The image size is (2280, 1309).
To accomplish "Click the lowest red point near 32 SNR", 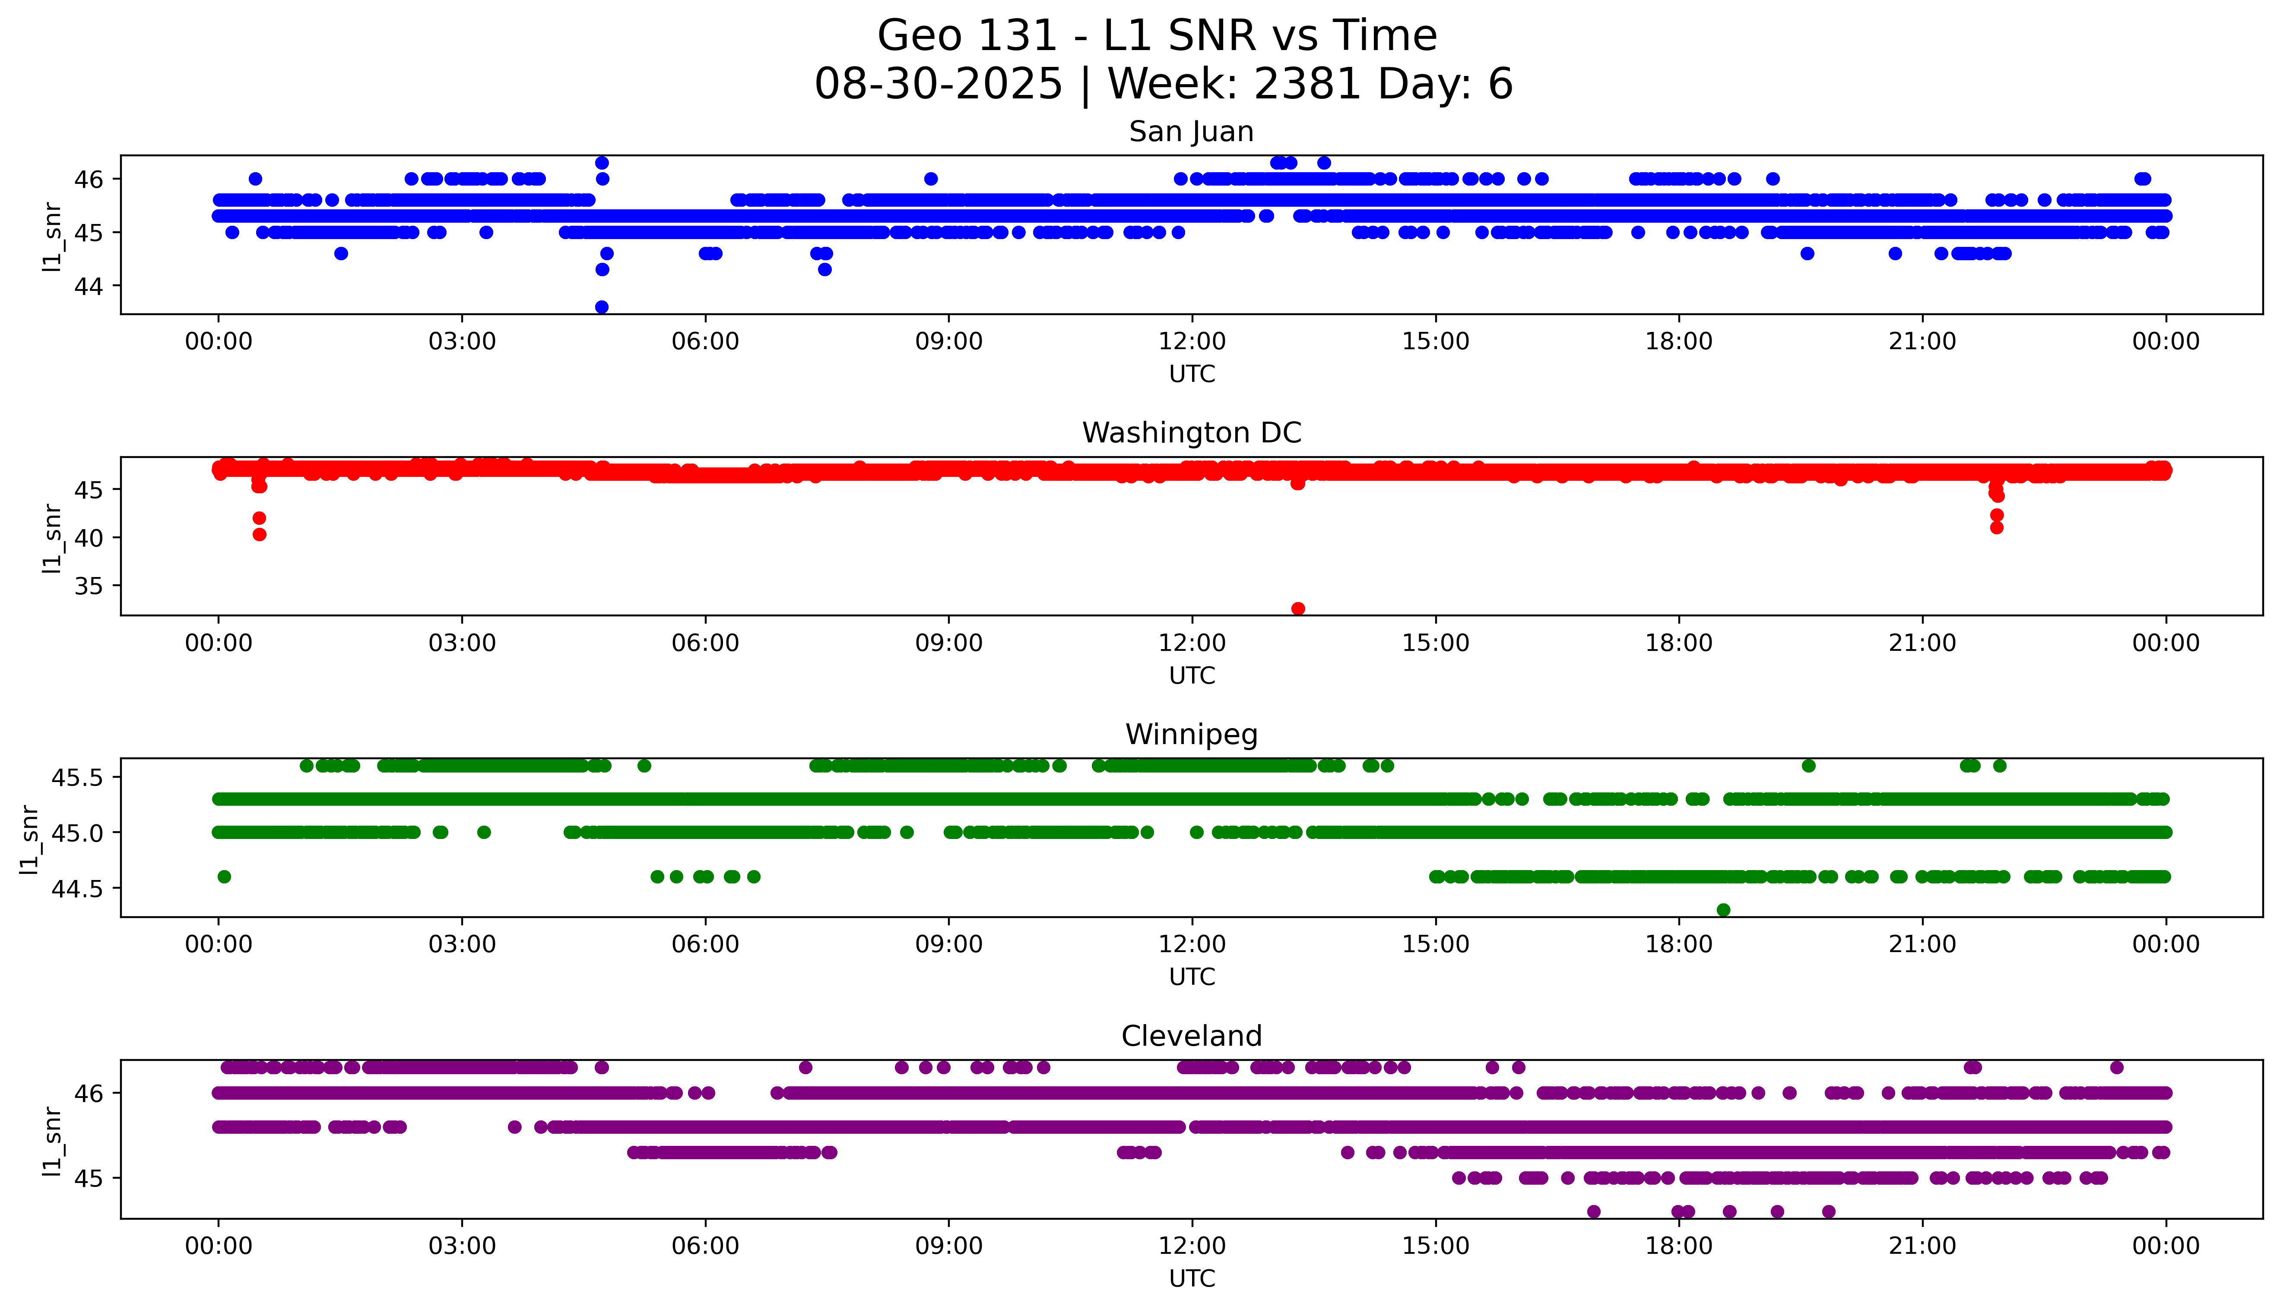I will (1298, 609).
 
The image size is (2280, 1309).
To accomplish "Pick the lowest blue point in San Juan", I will (602, 306).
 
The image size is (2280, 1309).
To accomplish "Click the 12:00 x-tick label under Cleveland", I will (1192, 1246).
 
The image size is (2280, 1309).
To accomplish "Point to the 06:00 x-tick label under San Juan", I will (705, 342).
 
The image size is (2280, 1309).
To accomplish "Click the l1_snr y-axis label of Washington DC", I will (52, 538).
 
